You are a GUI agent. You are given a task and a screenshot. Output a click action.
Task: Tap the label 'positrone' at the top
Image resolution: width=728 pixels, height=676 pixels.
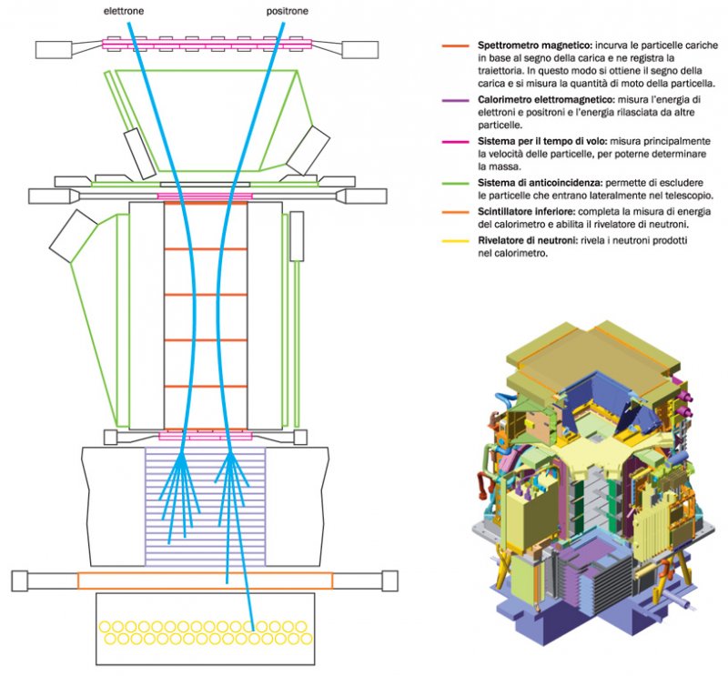pyautogui.click(x=287, y=10)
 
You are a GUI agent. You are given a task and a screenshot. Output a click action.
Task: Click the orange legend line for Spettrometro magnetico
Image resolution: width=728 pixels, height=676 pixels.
pyautogui.click(x=452, y=45)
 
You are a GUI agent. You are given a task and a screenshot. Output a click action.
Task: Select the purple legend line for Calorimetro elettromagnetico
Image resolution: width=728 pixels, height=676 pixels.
pyautogui.click(x=452, y=98)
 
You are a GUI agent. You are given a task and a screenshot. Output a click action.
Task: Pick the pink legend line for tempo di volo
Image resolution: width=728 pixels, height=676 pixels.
pyautogui.click(x=452, y=142)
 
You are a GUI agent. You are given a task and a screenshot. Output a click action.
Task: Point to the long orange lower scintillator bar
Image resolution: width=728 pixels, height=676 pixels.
pyautogui.click(x=205, y=580)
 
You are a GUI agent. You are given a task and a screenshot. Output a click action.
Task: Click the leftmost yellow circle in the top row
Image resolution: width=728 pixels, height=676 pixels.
pyautogui.click(x=106, y=627)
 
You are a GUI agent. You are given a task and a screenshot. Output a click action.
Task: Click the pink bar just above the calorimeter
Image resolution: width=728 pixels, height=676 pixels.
pyautogui.click(x=205, y=436)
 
